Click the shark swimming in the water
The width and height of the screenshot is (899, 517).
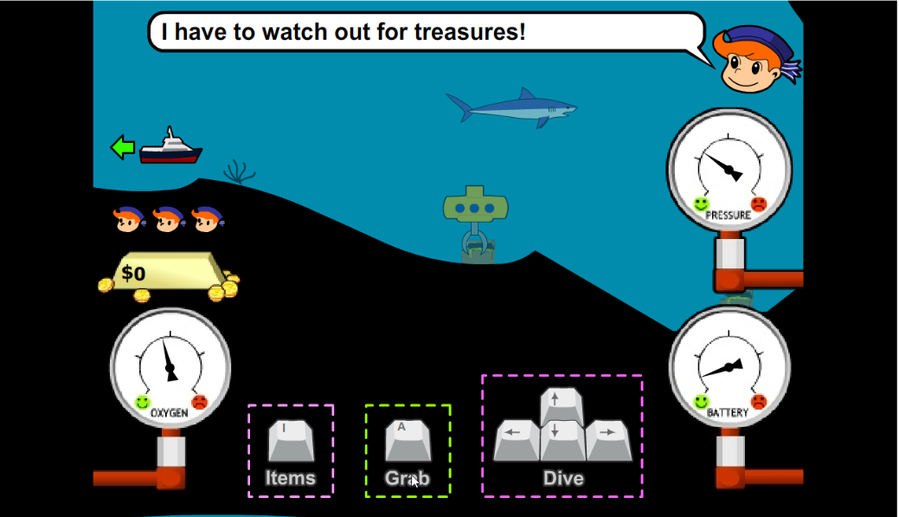click(x=511, y=108)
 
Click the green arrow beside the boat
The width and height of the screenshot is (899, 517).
click(x=123, y=147)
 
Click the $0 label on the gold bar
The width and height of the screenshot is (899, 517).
click(x=134, y=274)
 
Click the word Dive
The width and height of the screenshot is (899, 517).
click(x=563, y=478)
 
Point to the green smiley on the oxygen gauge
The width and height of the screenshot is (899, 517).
click(x=143, y=402)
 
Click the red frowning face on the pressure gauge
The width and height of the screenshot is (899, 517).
click(x=759, y=204)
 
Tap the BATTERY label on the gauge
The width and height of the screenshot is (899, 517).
click(x=728, y=413)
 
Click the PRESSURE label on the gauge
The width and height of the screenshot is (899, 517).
click(x=728, y=215)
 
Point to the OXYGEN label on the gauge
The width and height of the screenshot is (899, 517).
click(x=170, y=413)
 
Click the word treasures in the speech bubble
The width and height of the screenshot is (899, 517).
click(x=468, y=33)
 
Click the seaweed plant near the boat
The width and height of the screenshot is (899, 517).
click(x=239, y=171)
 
